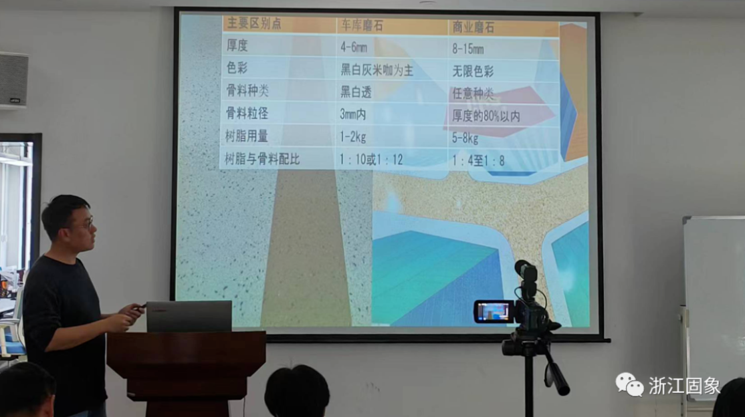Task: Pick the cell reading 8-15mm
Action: tap(468, 49)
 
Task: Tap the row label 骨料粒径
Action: tap(247, 113)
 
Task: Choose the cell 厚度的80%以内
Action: tap(486, 116)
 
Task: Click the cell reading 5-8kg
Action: tap(465, 138)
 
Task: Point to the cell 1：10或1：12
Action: tap(372, 160)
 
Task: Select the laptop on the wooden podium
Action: tap(189, 316)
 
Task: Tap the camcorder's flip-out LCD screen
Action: tap(494, 312)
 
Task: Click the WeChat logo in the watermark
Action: tap(629, 384)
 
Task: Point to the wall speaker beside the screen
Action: tap(13, 80)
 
